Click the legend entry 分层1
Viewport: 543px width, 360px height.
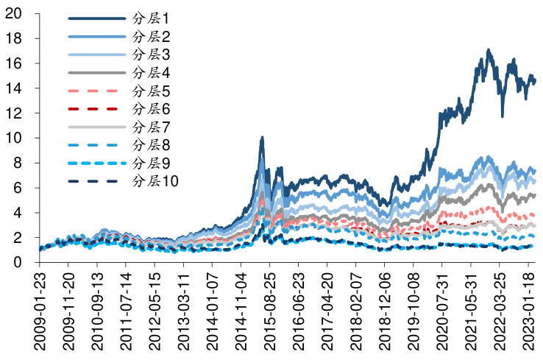click(151, 18)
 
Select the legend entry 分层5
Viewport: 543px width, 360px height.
click(151, 91)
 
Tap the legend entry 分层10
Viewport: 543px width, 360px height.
click(155, 181)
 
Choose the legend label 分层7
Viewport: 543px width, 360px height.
click(151, 127)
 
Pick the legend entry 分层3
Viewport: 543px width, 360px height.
click(151, 54)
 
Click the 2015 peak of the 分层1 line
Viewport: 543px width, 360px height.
click(262, 138)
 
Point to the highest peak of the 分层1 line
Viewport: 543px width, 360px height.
click(489, 50)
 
